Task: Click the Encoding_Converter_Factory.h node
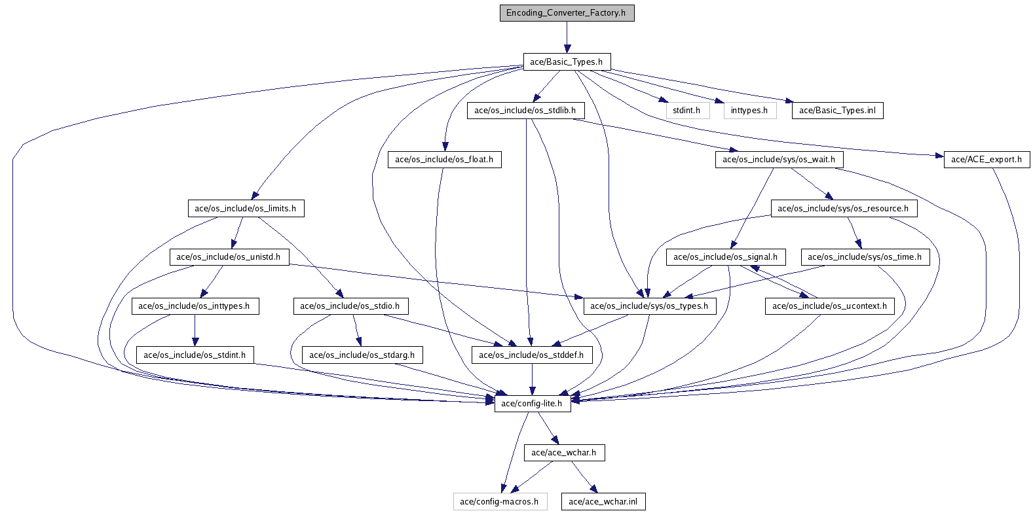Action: tap(567, 13)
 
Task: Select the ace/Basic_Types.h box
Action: tap(567, 62)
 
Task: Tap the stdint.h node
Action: tap(687, 111)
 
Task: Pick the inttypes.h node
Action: tap(749, 111)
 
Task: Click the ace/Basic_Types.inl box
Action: tap(837, 111)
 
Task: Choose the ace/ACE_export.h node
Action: tap(986, 160)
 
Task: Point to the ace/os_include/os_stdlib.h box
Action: tap(525, 111)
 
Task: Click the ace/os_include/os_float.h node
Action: tap(444, 160)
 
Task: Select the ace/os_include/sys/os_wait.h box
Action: tap(779, 160)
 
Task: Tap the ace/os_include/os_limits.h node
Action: tap(246, 209)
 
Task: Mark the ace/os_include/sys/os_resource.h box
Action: tap(843, 209)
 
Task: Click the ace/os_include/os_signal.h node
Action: tap(726, 257)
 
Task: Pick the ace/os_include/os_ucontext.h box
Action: tap(829, 306)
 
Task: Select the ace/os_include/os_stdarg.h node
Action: tap(362, 355)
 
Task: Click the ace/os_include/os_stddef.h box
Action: tap(531, 355)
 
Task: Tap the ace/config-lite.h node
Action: tap(532, 404)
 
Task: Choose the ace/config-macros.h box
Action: tap(499, 502)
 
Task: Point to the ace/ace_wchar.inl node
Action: tap(603, 502)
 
